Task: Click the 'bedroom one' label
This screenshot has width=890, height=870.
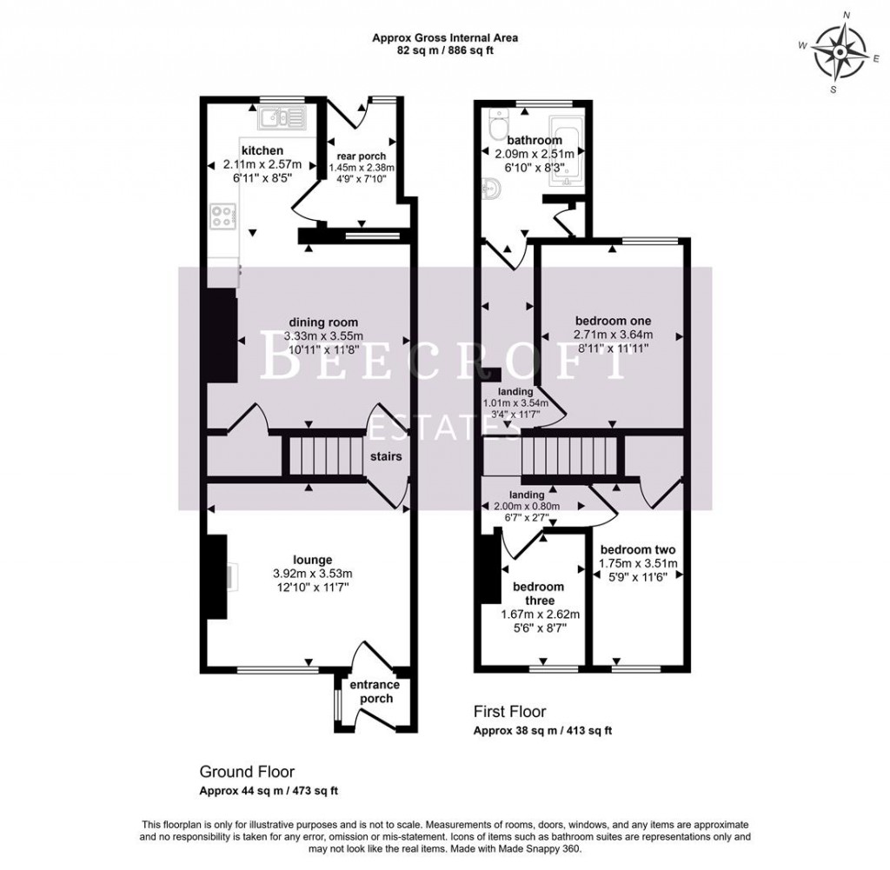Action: [x=613, y=319]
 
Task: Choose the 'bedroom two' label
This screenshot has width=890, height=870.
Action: [x=638, y=549]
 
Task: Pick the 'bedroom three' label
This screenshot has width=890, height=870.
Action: [x=540, y=593]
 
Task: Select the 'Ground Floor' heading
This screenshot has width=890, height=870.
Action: [x=247, y=772]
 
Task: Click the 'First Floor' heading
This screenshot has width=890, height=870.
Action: [x=509, y=712]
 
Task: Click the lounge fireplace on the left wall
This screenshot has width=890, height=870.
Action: [x=216, y=577]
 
